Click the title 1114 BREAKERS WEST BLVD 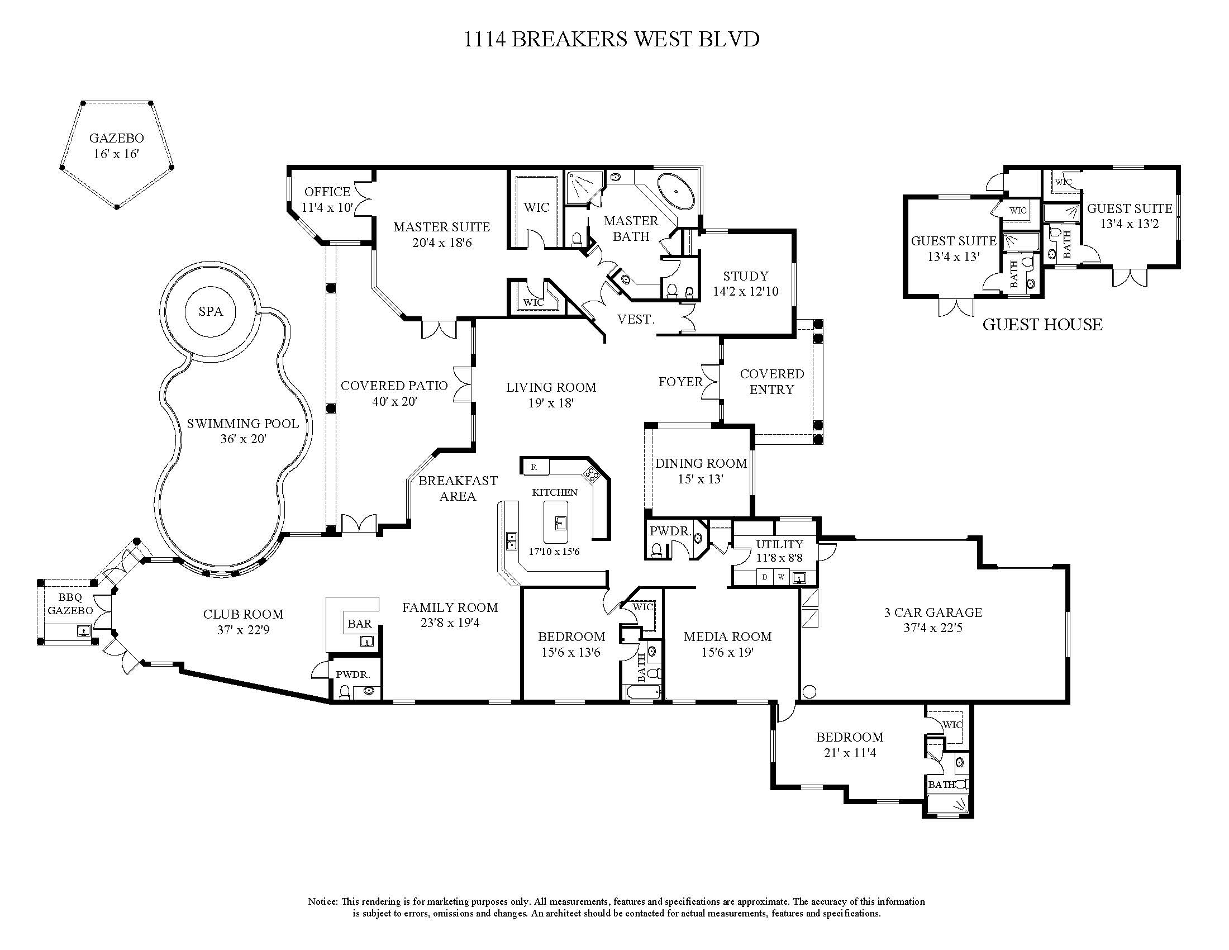click(612, 39)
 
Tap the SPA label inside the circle click(211, 311)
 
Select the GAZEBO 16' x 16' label click(117, 146)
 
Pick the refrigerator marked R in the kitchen click(534, 467)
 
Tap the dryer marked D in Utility click(765, 577)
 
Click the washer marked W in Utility click(781, 577)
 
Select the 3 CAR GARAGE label click(933, 612)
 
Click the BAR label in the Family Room click(360, 623)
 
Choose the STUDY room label click(746, 275)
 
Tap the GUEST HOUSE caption click(1042, 324)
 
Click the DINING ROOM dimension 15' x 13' click(701, 479)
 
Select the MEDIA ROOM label click(727, 636)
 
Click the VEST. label click(636, 319)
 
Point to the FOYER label click(681, 382)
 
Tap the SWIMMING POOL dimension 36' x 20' click(243, 439)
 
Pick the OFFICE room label click(327, 191)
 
